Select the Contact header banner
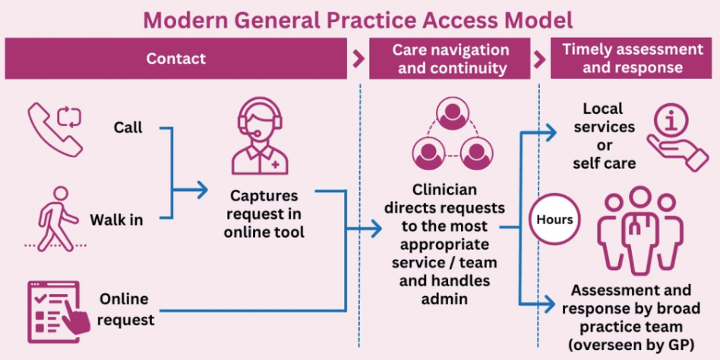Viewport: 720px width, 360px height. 176,58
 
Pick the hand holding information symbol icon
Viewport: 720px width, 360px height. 675,135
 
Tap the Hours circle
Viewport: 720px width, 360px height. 554,219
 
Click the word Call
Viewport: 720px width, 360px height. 128,128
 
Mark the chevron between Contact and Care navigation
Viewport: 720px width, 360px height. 359,59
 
